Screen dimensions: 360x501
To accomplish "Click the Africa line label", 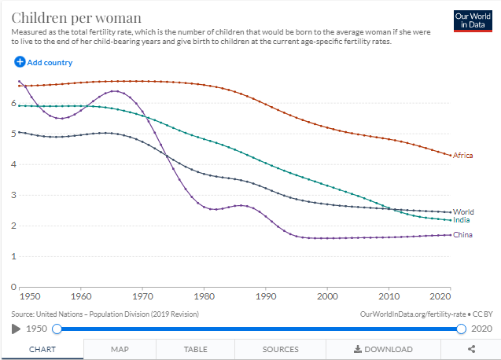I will [463, 156].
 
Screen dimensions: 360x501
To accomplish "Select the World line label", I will [463, 212].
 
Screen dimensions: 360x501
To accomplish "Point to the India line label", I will [462, 220].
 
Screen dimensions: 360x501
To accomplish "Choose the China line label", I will [462, 235].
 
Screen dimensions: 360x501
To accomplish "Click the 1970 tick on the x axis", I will [142, 296].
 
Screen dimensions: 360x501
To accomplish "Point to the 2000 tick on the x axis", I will [327, 296].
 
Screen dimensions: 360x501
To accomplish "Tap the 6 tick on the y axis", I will [13, 103].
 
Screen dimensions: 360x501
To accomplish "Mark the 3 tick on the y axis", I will [13, 195].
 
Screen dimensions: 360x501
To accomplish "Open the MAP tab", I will [120, 349].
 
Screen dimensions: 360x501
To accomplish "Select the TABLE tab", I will [195, 349].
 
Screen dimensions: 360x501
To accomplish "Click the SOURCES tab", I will [280, 349].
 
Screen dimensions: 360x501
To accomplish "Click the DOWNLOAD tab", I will [383, 349].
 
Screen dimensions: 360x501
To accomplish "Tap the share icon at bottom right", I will [471, 349].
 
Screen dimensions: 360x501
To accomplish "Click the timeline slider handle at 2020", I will [461, 329].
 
